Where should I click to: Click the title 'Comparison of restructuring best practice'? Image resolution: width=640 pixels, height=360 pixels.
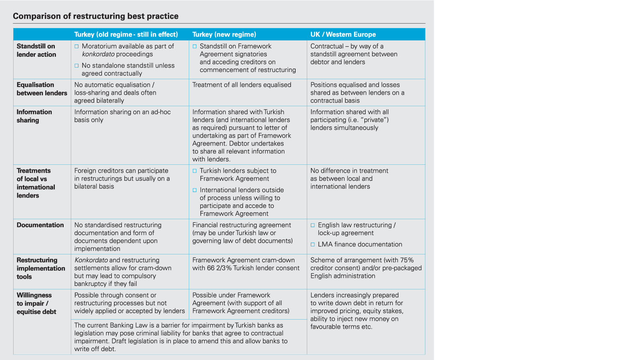coord(96,16)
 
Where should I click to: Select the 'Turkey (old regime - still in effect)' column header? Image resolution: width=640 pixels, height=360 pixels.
coord(126,34)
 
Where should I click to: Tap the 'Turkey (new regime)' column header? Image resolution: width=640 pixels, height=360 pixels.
coord(224,34)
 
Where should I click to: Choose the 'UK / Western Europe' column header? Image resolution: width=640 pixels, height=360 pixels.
coord(343,34)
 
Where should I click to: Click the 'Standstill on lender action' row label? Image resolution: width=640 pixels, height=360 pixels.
coord(36,50)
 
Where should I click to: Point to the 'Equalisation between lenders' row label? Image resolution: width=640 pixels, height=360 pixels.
coord(42,89)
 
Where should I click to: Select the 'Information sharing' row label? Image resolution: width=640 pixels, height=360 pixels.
coord(34,116)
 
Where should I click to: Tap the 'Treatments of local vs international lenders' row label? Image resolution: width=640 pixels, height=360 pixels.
coord(36,183)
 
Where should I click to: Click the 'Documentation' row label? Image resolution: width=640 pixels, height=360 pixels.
coord(40,225)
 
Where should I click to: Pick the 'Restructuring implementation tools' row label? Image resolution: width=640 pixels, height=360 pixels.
coord(41,268)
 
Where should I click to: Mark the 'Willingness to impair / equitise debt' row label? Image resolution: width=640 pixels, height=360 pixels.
coord(36,303)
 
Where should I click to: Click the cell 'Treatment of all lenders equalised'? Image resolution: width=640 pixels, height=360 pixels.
coord(242,85)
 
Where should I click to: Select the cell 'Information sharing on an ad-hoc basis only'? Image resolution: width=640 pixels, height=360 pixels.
coord(122,116)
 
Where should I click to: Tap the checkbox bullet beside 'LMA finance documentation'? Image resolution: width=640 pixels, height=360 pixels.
coord(313,244)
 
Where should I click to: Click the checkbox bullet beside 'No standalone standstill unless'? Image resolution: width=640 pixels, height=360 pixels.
coord(76,66)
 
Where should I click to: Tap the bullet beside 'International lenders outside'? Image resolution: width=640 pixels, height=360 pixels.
coord(195,190)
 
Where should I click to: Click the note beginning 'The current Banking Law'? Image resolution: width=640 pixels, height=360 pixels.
coord(180,337)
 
